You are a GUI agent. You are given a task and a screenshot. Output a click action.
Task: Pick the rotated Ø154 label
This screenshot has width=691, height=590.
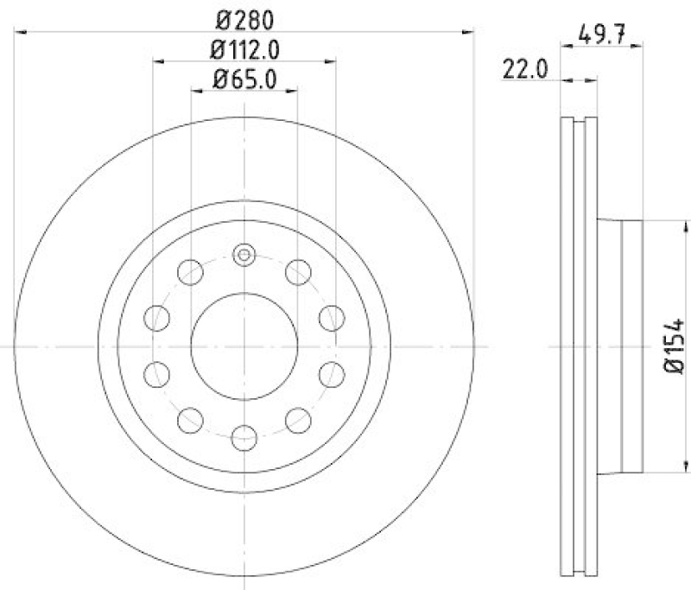point(675,346)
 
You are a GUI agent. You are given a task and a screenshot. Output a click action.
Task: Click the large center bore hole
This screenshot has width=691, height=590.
point(244,346)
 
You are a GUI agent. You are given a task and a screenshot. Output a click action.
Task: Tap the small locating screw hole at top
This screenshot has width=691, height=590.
point(244,254)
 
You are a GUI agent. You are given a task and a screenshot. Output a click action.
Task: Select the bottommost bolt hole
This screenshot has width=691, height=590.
point(244,437)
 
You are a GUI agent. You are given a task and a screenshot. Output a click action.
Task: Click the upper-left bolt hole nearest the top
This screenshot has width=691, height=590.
point(190,272)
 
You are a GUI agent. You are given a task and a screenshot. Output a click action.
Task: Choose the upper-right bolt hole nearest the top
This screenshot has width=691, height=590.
point(299,272)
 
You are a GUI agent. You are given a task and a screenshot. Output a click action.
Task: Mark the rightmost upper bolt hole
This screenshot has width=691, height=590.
point(332,318)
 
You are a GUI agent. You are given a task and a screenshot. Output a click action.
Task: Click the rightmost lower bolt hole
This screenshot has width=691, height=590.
point(332,374)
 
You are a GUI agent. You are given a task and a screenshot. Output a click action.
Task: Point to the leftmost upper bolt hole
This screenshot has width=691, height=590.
point(156,318)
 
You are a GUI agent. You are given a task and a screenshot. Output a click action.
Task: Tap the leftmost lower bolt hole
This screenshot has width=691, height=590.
point(156,374)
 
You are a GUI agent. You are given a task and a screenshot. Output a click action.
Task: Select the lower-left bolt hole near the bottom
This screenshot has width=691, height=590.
point(190,420)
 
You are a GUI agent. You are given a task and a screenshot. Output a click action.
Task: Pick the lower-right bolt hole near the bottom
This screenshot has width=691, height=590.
point(299,420)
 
